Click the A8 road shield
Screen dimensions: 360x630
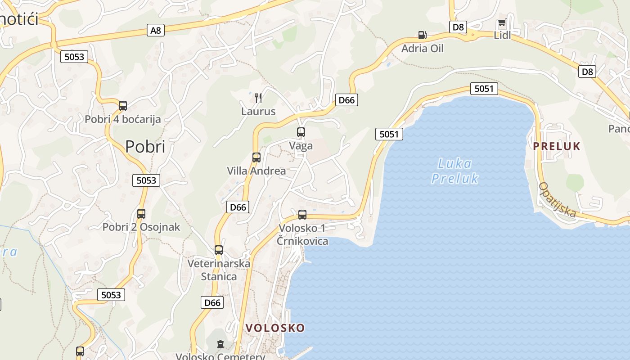point(156,30)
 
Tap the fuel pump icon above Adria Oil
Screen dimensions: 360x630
point(422,35)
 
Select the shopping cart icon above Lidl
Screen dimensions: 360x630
point(502,23)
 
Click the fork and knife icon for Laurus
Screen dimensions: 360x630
point(258,98)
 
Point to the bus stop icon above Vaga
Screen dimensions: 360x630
point(301,132)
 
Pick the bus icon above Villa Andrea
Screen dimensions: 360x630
point(256,157)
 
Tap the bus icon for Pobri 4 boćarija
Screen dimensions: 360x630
point(123,106)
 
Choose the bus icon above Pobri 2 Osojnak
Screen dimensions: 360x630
point(141,214)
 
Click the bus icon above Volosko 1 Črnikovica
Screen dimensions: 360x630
point(302,214)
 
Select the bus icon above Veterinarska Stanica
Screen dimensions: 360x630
point(219,250)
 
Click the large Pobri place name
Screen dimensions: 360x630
point(145,147)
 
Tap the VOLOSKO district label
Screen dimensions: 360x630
point(275,328)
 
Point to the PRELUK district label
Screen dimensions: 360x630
point(557,146)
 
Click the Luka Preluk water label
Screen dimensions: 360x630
point(454,171)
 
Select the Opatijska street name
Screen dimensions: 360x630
point(558,199)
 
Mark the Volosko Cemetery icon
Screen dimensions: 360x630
point(220,345)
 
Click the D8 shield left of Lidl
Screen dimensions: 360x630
point(458,27)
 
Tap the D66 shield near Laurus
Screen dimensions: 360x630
point(346,100)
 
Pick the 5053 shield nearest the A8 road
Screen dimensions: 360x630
point(74,57)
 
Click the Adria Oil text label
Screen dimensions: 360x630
point(422,48)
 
